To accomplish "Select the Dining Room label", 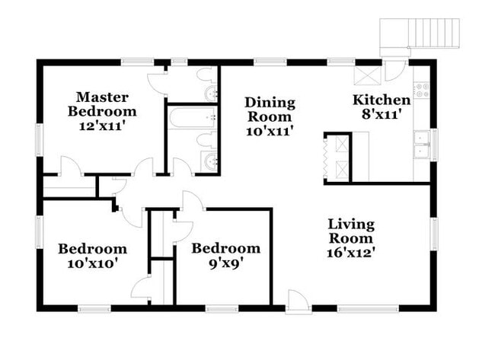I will click(x=269, y=110).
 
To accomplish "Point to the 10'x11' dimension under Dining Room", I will click(x=269, y=131).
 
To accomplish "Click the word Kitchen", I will click(x=382, y=100).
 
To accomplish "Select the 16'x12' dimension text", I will click(x=351, y=250).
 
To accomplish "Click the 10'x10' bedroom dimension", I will click(x=92, y=263).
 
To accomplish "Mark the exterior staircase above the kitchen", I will click(x=423, y=33).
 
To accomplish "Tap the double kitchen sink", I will click(x=421, y=143).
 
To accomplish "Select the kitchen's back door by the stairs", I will click(x=395, y=70).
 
